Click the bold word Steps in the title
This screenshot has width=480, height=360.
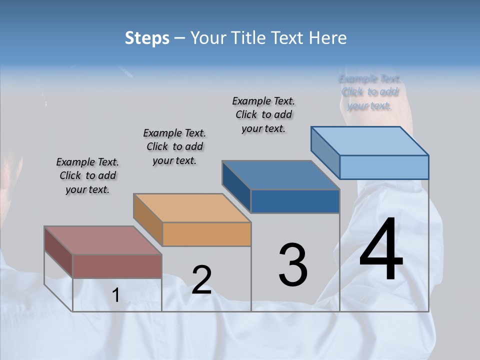click(147, 38)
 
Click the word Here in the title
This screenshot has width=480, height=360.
click(327, 38)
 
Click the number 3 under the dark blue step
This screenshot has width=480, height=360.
click(293, 265)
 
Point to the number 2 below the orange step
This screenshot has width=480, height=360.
click(201, 280)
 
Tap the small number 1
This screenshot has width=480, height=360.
click(116, 295)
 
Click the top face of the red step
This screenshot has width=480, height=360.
click(102, 240)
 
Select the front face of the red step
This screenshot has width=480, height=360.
click(117, 266)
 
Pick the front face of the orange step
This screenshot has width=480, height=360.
click(207, 234)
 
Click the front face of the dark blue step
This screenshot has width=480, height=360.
click(295, 201)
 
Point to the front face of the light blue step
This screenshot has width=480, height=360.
click(384, 167)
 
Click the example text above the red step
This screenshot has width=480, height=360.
click(87, 175)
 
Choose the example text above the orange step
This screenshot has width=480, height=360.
click(174, 146)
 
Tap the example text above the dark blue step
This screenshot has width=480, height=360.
click(263, 114)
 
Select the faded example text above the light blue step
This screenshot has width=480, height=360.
click(369, 92)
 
